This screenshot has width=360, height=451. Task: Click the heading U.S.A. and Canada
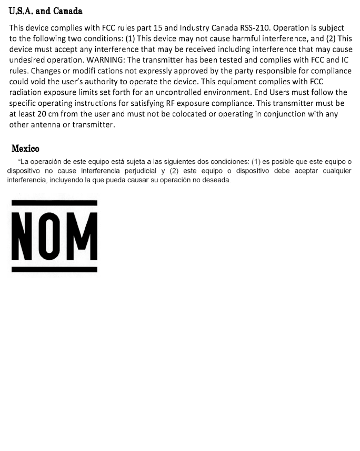tap(46, 11)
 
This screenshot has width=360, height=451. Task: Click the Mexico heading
tap(25, 149)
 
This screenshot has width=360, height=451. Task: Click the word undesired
tap(27, 60)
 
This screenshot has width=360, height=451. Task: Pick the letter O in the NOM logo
tap(53, 236)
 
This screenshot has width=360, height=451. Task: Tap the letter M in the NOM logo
tap(84, 236)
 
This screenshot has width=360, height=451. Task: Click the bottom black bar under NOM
tap(54, 270)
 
